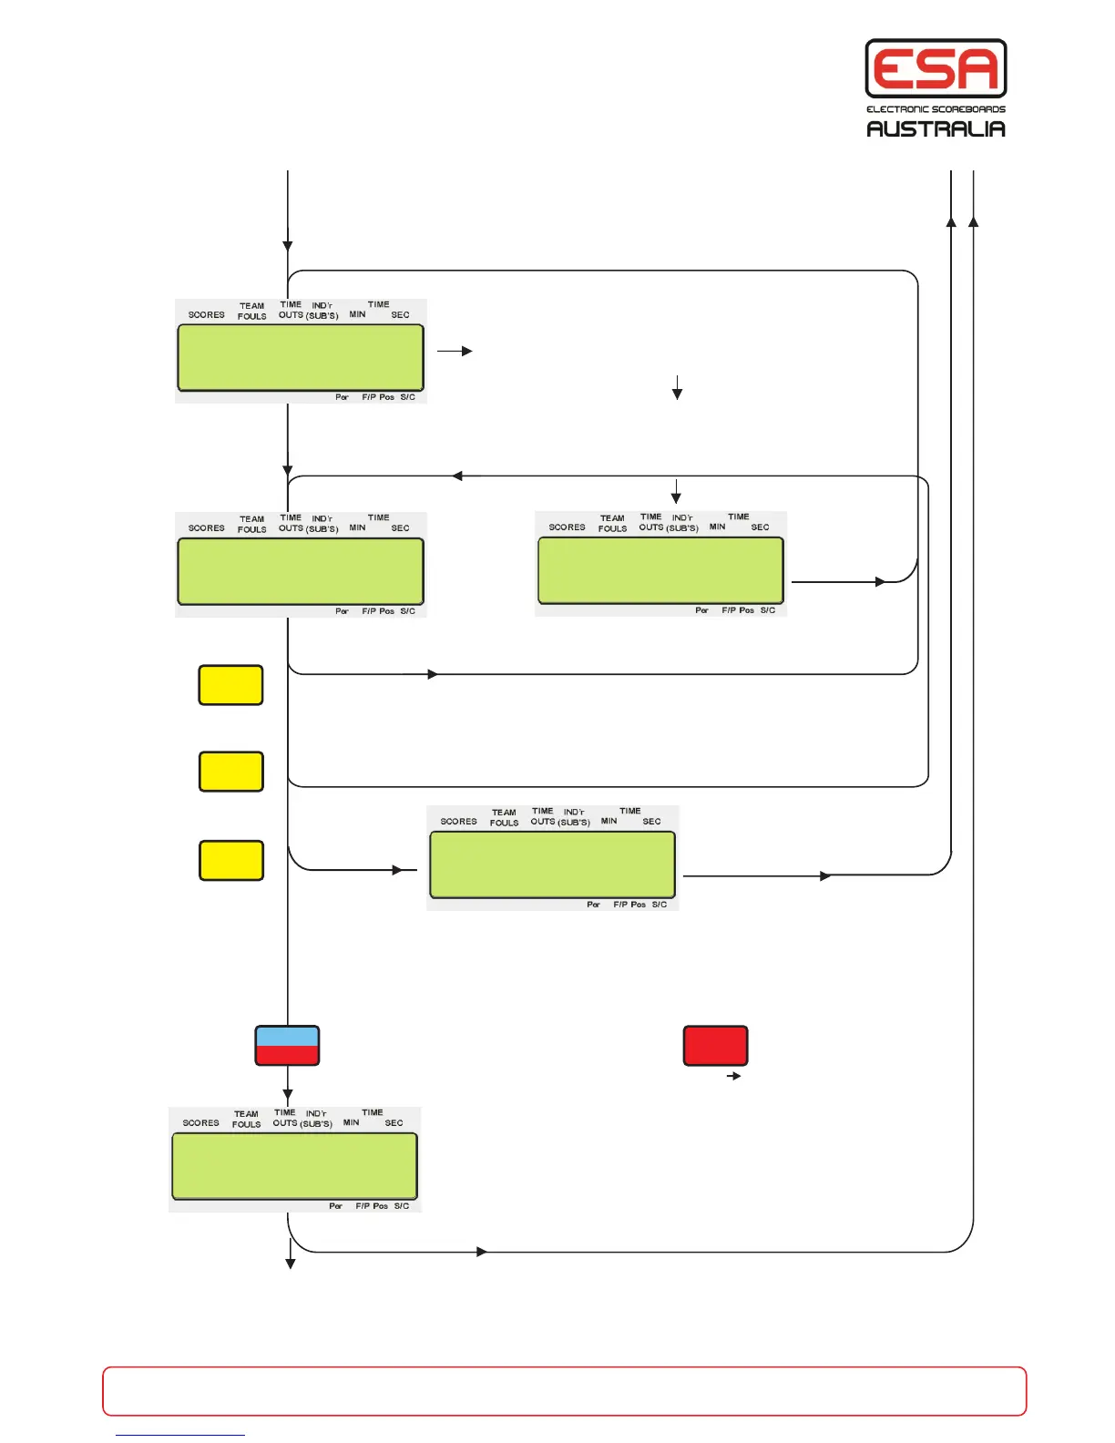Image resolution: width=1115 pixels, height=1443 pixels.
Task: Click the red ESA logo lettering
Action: click(936, 68)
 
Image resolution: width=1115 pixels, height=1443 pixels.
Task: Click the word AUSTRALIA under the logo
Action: click(936, 128)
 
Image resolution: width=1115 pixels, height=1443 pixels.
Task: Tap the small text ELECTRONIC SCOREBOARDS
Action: click(936, 109)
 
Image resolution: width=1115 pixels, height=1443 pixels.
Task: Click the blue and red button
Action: click(287, 1046)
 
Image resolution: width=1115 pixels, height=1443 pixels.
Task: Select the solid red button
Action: click(715, 1046)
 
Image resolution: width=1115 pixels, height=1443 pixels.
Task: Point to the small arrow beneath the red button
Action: click(733, 1076)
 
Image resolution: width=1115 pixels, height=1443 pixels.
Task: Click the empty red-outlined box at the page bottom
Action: click(564, 1391)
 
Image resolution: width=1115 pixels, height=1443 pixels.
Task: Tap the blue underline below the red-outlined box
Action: click(180, 1435)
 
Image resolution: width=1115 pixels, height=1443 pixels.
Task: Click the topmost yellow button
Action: click(230, 685)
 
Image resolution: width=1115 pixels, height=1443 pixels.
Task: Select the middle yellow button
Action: click(230, 772)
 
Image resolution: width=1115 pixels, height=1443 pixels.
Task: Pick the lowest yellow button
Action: click(231, 860)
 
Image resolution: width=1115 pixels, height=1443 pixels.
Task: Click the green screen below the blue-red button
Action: click(294, 1166)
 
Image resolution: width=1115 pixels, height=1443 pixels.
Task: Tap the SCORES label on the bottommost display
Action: click(200, 1123)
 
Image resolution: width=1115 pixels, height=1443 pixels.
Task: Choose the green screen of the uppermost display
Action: click(301, 357)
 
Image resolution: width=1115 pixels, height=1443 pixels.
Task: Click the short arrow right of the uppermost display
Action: click(455, 351)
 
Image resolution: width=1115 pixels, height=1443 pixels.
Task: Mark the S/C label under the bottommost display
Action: click(402, 1206)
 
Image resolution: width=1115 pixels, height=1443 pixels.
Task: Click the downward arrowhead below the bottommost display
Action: click(291, 1263)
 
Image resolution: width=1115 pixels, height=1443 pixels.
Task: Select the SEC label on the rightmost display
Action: click(760, 527)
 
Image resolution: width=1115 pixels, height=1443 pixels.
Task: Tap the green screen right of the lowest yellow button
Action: click(552, 865)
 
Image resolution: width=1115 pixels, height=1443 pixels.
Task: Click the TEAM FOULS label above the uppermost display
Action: click(252, 312)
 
